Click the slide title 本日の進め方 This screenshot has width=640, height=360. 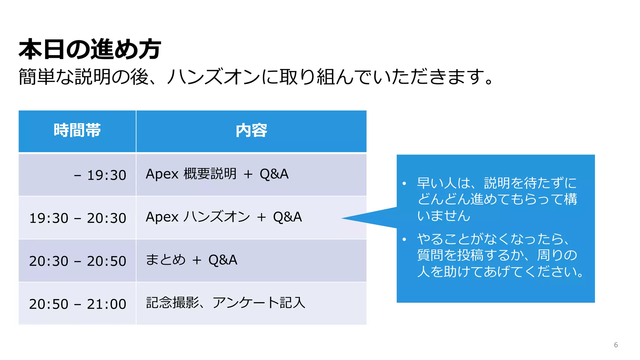click(90, 49)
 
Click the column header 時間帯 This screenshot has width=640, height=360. click(77, 130)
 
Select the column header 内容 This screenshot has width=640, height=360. click(251, 130)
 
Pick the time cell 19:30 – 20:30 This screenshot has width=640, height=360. click(77, 218)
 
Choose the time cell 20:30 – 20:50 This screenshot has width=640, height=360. click(77, 261)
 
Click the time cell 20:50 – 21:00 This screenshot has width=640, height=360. click(77, 304)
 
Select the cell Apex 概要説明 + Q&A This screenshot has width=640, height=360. click(217, 174)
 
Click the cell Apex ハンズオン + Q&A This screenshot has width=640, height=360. click(224, 217)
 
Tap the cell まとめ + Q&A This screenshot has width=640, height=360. click(191, 260)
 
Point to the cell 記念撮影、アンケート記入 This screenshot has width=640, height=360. click(226, 302)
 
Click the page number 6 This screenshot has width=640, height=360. click(616, 345)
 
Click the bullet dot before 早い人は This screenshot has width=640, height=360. click(404, 183)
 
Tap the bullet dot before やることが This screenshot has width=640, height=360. click(404, 240)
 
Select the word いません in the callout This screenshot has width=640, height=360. click(444, 216)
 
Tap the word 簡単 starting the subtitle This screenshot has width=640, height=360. click(37, 77)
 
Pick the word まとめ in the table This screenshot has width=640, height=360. click(166, 260)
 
